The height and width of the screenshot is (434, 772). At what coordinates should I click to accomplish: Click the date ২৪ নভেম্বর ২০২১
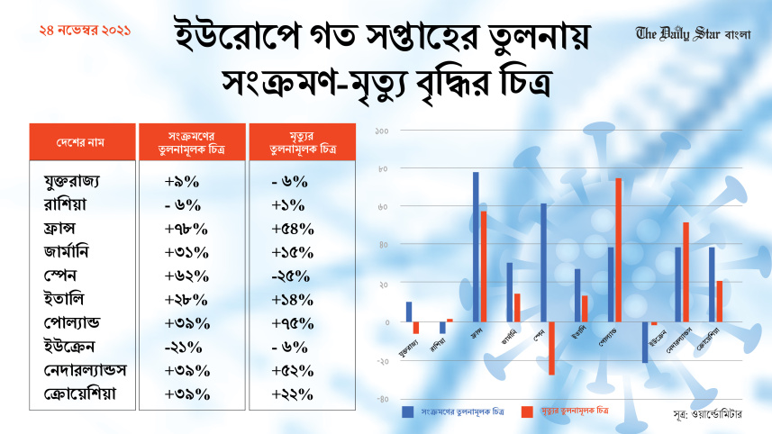coord(86,31)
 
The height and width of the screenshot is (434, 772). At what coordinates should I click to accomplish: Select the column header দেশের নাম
coord(82,142)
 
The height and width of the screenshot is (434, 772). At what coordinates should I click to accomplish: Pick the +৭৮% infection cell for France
coord(187,229)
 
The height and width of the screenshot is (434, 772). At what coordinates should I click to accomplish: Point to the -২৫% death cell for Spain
coord(291,276)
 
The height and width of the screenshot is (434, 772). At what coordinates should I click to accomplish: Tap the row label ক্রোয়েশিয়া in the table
coord(79,394)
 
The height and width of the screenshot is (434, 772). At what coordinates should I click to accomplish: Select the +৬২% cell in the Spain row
coord(187,276)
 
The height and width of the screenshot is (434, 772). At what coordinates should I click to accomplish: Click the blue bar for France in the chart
coord(476,247)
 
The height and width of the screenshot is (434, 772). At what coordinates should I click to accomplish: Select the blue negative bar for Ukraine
coord(645,341)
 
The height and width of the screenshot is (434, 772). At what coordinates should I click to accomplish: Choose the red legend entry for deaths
coord(564,411)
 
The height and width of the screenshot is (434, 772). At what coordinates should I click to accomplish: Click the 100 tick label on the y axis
coord(381,131)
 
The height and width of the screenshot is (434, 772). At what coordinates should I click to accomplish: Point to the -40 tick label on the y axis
coord(382,399)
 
